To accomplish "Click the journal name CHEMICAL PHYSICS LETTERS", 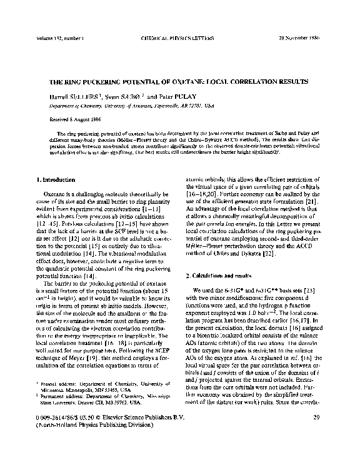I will point(180,41).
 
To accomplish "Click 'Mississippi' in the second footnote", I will point(164,393).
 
